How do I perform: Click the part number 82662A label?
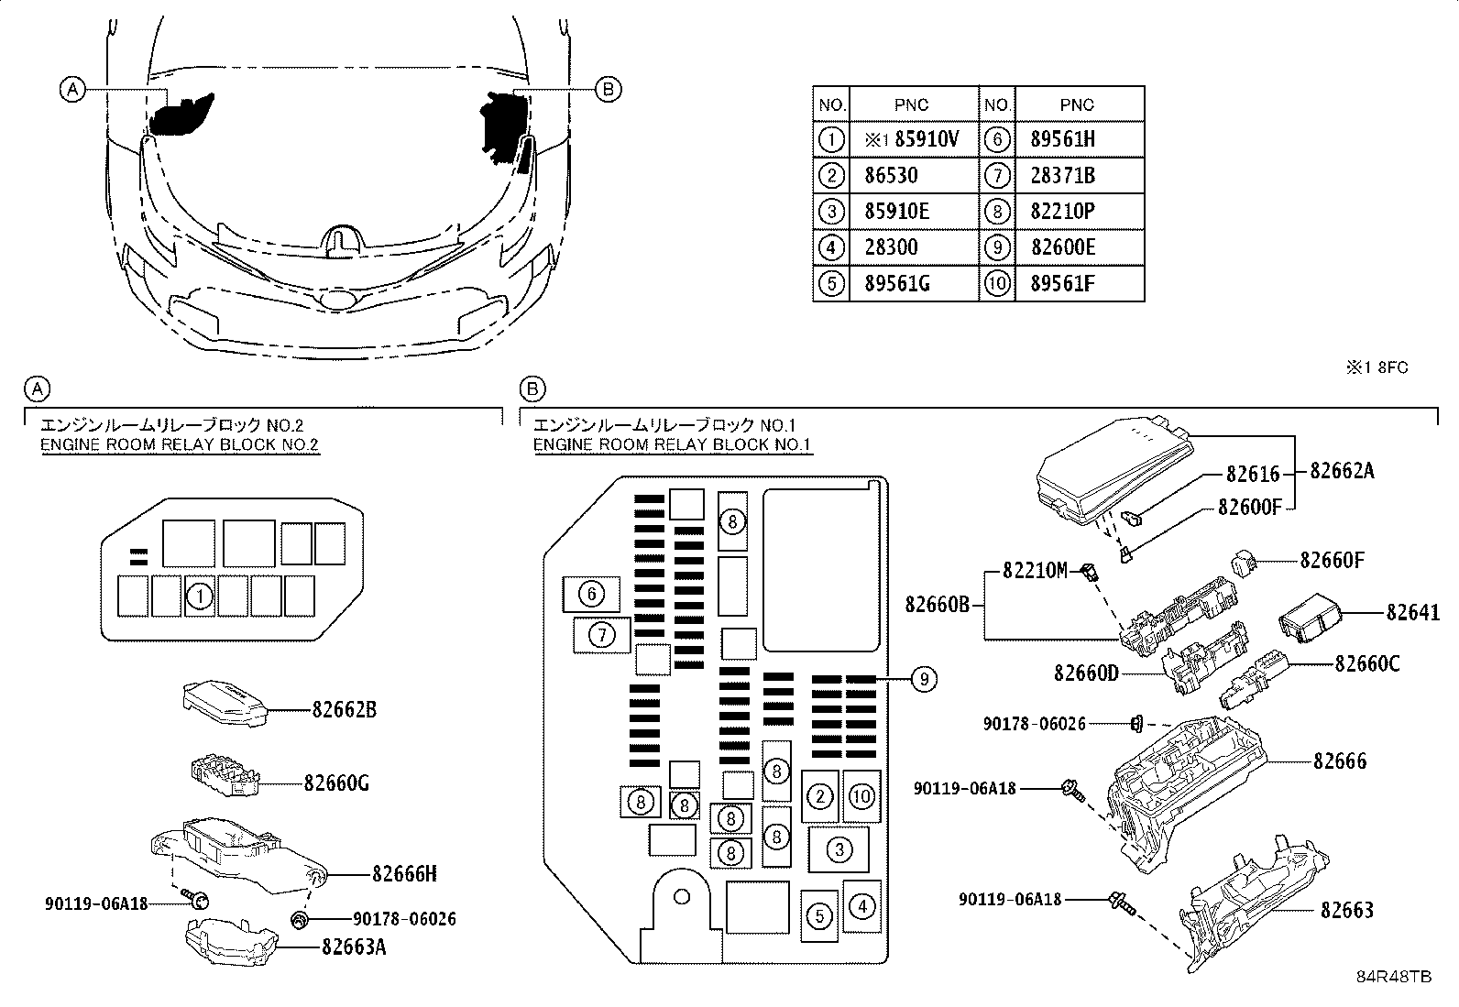(x=1342, y=471)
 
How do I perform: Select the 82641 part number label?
(x=1412, y=612)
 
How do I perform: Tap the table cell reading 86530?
(x=891, y=175)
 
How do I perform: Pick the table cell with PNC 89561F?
(x=1062, y=283)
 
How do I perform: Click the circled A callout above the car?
(x=71, y=89)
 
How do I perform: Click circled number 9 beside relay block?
(x=924, y=679)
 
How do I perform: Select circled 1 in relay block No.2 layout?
(x=199, y=597)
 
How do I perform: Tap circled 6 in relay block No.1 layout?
(x=591, y=595)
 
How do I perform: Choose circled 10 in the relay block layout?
(x=861, y=796)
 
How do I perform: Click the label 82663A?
(x=353, y=947)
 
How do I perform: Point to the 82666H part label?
(x=404, y=874)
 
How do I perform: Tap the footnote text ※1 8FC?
(x=1376, y=367)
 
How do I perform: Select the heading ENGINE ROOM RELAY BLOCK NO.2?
(x=180, y=445)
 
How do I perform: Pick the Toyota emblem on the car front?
(x=337, y=298)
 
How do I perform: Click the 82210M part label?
(x=1035, y=571)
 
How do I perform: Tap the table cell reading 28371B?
(x=1062, y=175)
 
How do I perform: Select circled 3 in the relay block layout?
(x=839, y=850)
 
